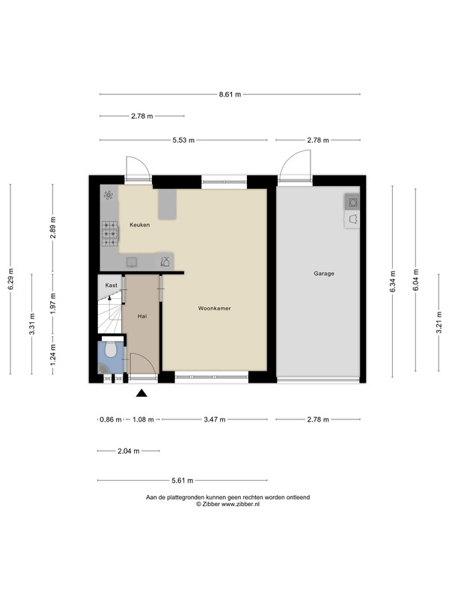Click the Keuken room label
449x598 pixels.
coord(139,225)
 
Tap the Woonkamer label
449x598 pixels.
coord(214,308)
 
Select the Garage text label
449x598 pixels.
coord(324,274)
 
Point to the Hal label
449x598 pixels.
coord(142,316)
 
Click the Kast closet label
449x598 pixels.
coord(111,286)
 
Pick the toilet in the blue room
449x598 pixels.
coord(111,348)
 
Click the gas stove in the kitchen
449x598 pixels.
coord(110,234)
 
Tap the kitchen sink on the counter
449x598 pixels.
coord(132,262)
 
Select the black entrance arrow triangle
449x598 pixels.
coord(141,393)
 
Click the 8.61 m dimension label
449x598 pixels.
coord(230,94)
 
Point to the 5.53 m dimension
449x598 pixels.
coord(183,140)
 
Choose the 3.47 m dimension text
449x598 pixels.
coord(215,419)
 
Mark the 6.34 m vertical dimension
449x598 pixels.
coord(392,282)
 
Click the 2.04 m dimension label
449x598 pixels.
coord(128,451)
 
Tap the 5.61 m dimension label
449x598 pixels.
coord(182,480)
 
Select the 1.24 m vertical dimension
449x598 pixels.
coord(52,354)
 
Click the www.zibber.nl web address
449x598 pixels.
coord(240,504)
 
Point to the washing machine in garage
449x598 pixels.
coord(352,202)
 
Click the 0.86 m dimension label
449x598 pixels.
coord(111,419)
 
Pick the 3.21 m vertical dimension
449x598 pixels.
coord(439,323)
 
